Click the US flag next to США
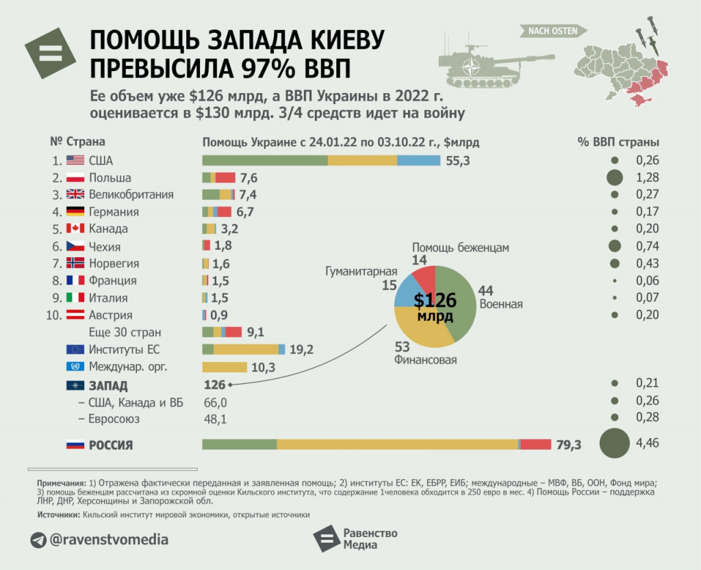pos(75,160)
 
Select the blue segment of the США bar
pos(418,160)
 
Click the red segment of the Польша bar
pos(225,177)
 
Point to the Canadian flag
pos(75,229)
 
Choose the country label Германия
pos(114,211)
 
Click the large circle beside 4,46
pos(615,443)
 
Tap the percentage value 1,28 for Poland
pos(647,177)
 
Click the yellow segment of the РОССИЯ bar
pos(397,444)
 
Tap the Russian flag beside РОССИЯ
pos(75,445)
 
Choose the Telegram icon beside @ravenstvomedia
pos(38,540)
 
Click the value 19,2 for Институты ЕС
pos(301,350)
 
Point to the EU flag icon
pos(75,350)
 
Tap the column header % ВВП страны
pos(618,142)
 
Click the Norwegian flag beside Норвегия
pos(75,263)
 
